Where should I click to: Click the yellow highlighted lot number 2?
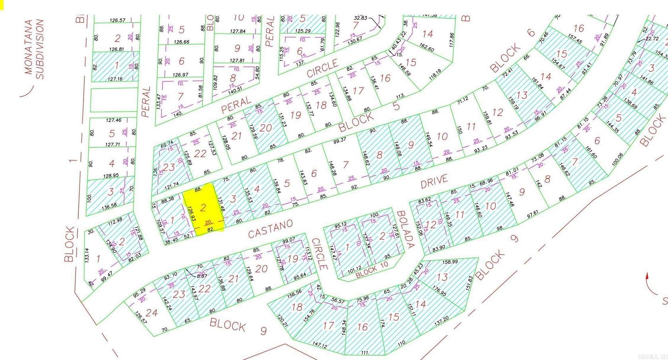(x=203, y=207)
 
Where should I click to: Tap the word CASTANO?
(x=270, y=229)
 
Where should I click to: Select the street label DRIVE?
(x=434, y=181)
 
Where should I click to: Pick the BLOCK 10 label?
(x=371, y=270)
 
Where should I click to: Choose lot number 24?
(x=151, y=313)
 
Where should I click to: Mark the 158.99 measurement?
(x=450, y=262)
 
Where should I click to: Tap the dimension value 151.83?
(x=470, y=283)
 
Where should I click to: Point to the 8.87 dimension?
(x=202, y=275)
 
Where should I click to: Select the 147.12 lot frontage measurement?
(x=319, y=345)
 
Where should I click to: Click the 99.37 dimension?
(x=340, y=140)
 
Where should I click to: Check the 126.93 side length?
(x=191, y=213)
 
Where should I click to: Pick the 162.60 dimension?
(x=427, y=47)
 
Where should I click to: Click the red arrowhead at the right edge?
(x=647, y=276)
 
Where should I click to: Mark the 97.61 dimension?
(x=533, y=214)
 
